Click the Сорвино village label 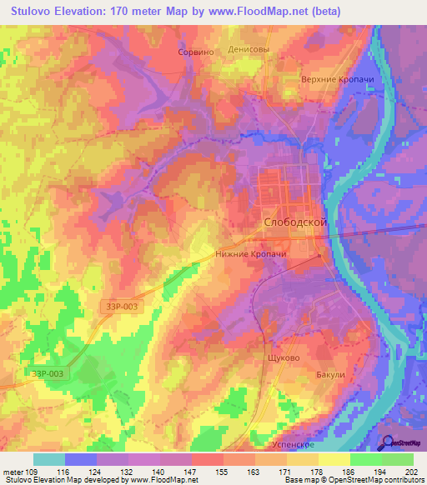[x=197, y=51]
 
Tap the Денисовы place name [x=249, y=49]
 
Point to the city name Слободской [x=294, y=223]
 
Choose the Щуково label [x=277, y=353]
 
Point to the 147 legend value [x=192, y=472]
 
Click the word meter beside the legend [x=13, y=472]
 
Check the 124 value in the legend [x=97, y=472]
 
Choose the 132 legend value [x=128, y=472]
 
